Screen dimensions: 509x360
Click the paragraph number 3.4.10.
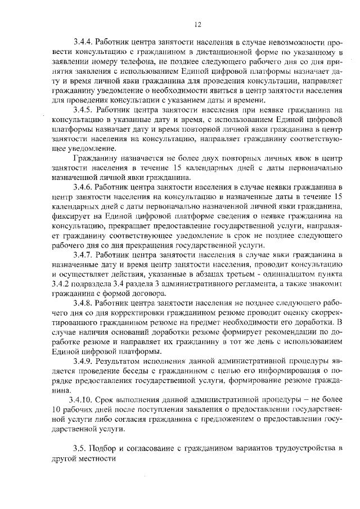[82, 399]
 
